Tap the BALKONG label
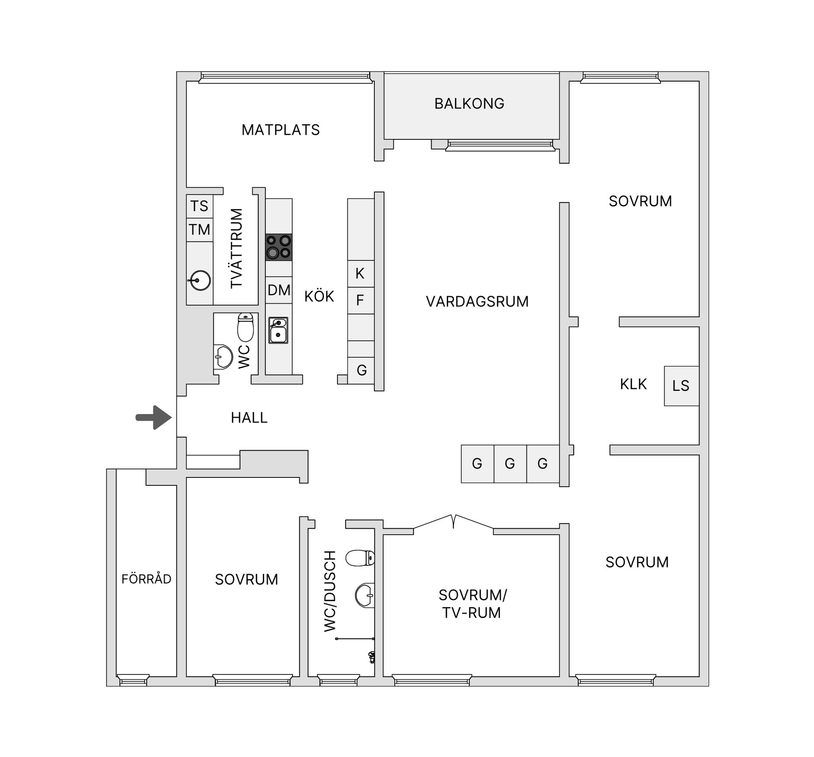(469, 104)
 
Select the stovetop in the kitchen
(279, 247)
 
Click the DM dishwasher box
(279, 290)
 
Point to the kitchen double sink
(278, 330)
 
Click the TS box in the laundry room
(199, 206)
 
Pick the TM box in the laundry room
(199, 230)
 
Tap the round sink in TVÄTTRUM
(200, 280)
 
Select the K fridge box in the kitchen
(360, 274)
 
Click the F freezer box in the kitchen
(360, 300)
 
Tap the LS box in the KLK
(681, 386)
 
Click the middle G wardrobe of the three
(510, 463)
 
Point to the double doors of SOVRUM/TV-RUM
(453, 522)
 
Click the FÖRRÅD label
(146, 579)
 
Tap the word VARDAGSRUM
(477, 302)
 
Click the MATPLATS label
(281, 130)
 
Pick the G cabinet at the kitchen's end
(361, 370)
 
